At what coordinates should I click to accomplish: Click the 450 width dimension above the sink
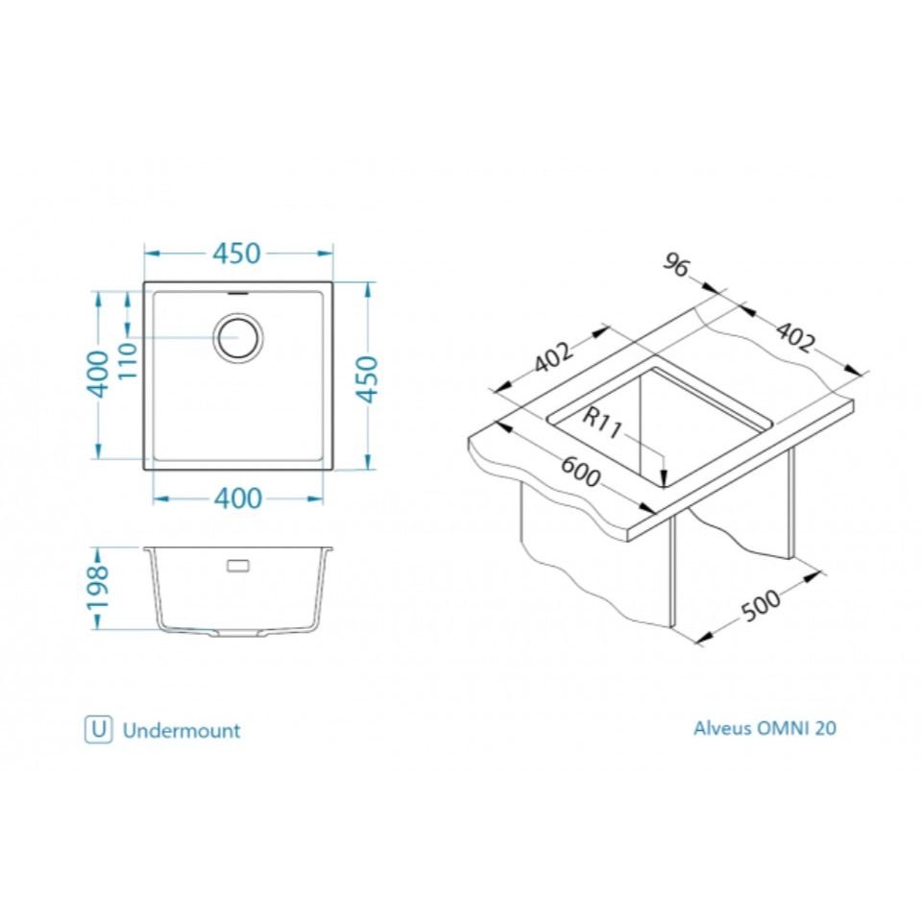[236, 254]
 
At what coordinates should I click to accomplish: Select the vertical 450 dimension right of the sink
[368, 379]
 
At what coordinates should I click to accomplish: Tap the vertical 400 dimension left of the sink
[98, 374]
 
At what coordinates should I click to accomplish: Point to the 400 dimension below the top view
[237, 498]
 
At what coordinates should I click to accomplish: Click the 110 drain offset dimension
[128, 360]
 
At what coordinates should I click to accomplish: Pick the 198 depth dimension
[98, 588]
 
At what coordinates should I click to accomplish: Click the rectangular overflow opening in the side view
[238, 566]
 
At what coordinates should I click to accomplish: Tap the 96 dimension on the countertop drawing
[675, 265]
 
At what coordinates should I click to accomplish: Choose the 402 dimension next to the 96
[795, 337]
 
